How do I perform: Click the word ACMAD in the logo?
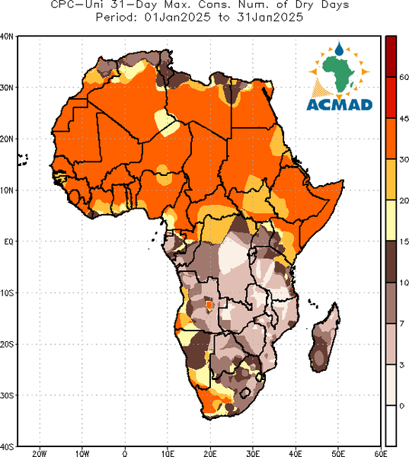click(340, 104)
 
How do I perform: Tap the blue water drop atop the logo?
click(339, 49)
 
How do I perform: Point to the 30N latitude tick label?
click(6, 88)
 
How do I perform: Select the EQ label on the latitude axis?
click(8, 241)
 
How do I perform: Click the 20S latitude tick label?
click(7, 344)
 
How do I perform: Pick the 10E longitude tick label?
click(168, 453)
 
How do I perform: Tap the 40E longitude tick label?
click(296, 453)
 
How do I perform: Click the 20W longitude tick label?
click(40, 453)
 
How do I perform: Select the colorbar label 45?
click(404, 119)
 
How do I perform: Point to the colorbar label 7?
click(401, 324)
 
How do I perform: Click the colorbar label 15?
click(404, 241)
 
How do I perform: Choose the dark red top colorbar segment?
click(391, 56)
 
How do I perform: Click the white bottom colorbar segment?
click(391, 426)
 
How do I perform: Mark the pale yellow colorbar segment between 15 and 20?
click(391, 220)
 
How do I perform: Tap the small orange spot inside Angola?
click(209, 305)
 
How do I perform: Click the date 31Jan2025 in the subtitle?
click(270, 18)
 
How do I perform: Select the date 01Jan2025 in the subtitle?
click(177, 18)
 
